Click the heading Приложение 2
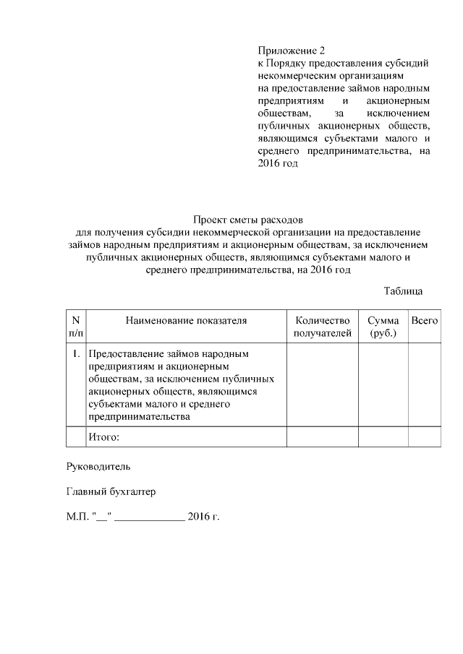pyautogui.click(x=292, y=51)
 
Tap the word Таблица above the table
pyautogui.click(x=403, y=291)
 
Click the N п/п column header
pyautogui.click(x=76, y=327)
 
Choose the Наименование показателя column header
pyautogui.click(x=186, y=320)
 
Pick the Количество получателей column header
pyautogui.click(x=323, y=327)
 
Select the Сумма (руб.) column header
pyautogui.click(x=383, y=327)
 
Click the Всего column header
pyautogui.click(x=424, y=320)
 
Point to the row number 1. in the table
pyautogui.click(x=76, y=355)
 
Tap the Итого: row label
pyautogui.click(x=103, y=437)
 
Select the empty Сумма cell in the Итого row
pyautogui.click(x=383, y=437)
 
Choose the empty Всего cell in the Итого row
pyautogui.click(x=424, y=437)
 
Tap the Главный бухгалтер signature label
pyautogui.click(x=111, y=493)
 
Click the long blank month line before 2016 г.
pyautogui.click(x=149, y=519)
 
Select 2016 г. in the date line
pyautogui.click(x=203, y=517)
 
